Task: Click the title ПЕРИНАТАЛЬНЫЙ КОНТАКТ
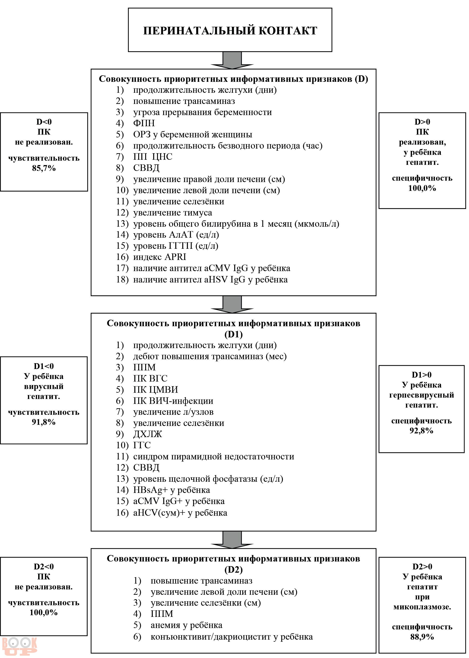click(230, 31)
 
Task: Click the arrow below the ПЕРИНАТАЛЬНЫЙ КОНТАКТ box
click(232, 60)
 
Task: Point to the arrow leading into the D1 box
click(232, 304)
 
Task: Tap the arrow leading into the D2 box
click(232, 540)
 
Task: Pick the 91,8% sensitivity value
click(44, 422)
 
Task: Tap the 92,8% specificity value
click(421, 431)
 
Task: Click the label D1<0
click(44, 366)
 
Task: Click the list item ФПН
click(144, 123)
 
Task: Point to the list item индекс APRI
click(160, 257)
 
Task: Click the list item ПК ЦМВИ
click(156, 390)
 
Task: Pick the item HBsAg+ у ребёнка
click(171, 490)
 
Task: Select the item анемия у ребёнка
click(186, 625)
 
